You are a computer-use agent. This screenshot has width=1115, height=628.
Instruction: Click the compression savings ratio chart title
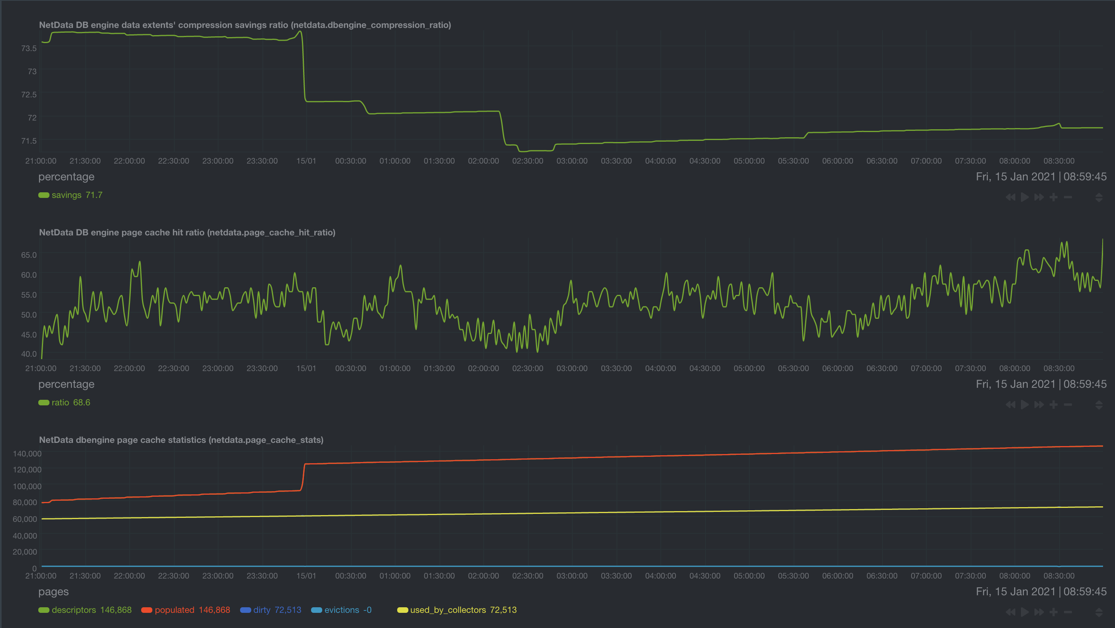tap(244, 25)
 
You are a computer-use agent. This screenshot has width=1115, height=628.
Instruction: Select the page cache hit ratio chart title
tap(187, 233)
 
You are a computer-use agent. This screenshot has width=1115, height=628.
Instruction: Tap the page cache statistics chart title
tap(181, 440)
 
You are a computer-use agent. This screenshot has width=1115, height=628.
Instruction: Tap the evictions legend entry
tap(341, 610)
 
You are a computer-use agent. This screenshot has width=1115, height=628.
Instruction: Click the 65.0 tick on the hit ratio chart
tap(29, 255)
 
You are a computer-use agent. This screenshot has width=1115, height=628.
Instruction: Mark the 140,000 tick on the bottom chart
tap(27, 454)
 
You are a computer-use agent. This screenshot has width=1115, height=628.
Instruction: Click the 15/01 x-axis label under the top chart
tap(306, 161)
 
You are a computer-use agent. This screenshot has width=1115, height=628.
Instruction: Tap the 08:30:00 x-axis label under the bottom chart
tap(1059, 576)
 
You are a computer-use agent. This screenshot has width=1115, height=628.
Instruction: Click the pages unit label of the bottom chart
tap(53, 592)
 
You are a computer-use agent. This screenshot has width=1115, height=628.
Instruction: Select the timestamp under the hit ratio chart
tap(1041, 384)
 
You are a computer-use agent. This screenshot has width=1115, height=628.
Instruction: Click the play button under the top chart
tap(1024, 197)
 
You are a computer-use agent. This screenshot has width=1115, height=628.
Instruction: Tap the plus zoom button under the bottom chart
tap(1054, 612)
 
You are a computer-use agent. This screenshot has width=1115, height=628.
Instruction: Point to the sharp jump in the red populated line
tap(303, 476)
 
